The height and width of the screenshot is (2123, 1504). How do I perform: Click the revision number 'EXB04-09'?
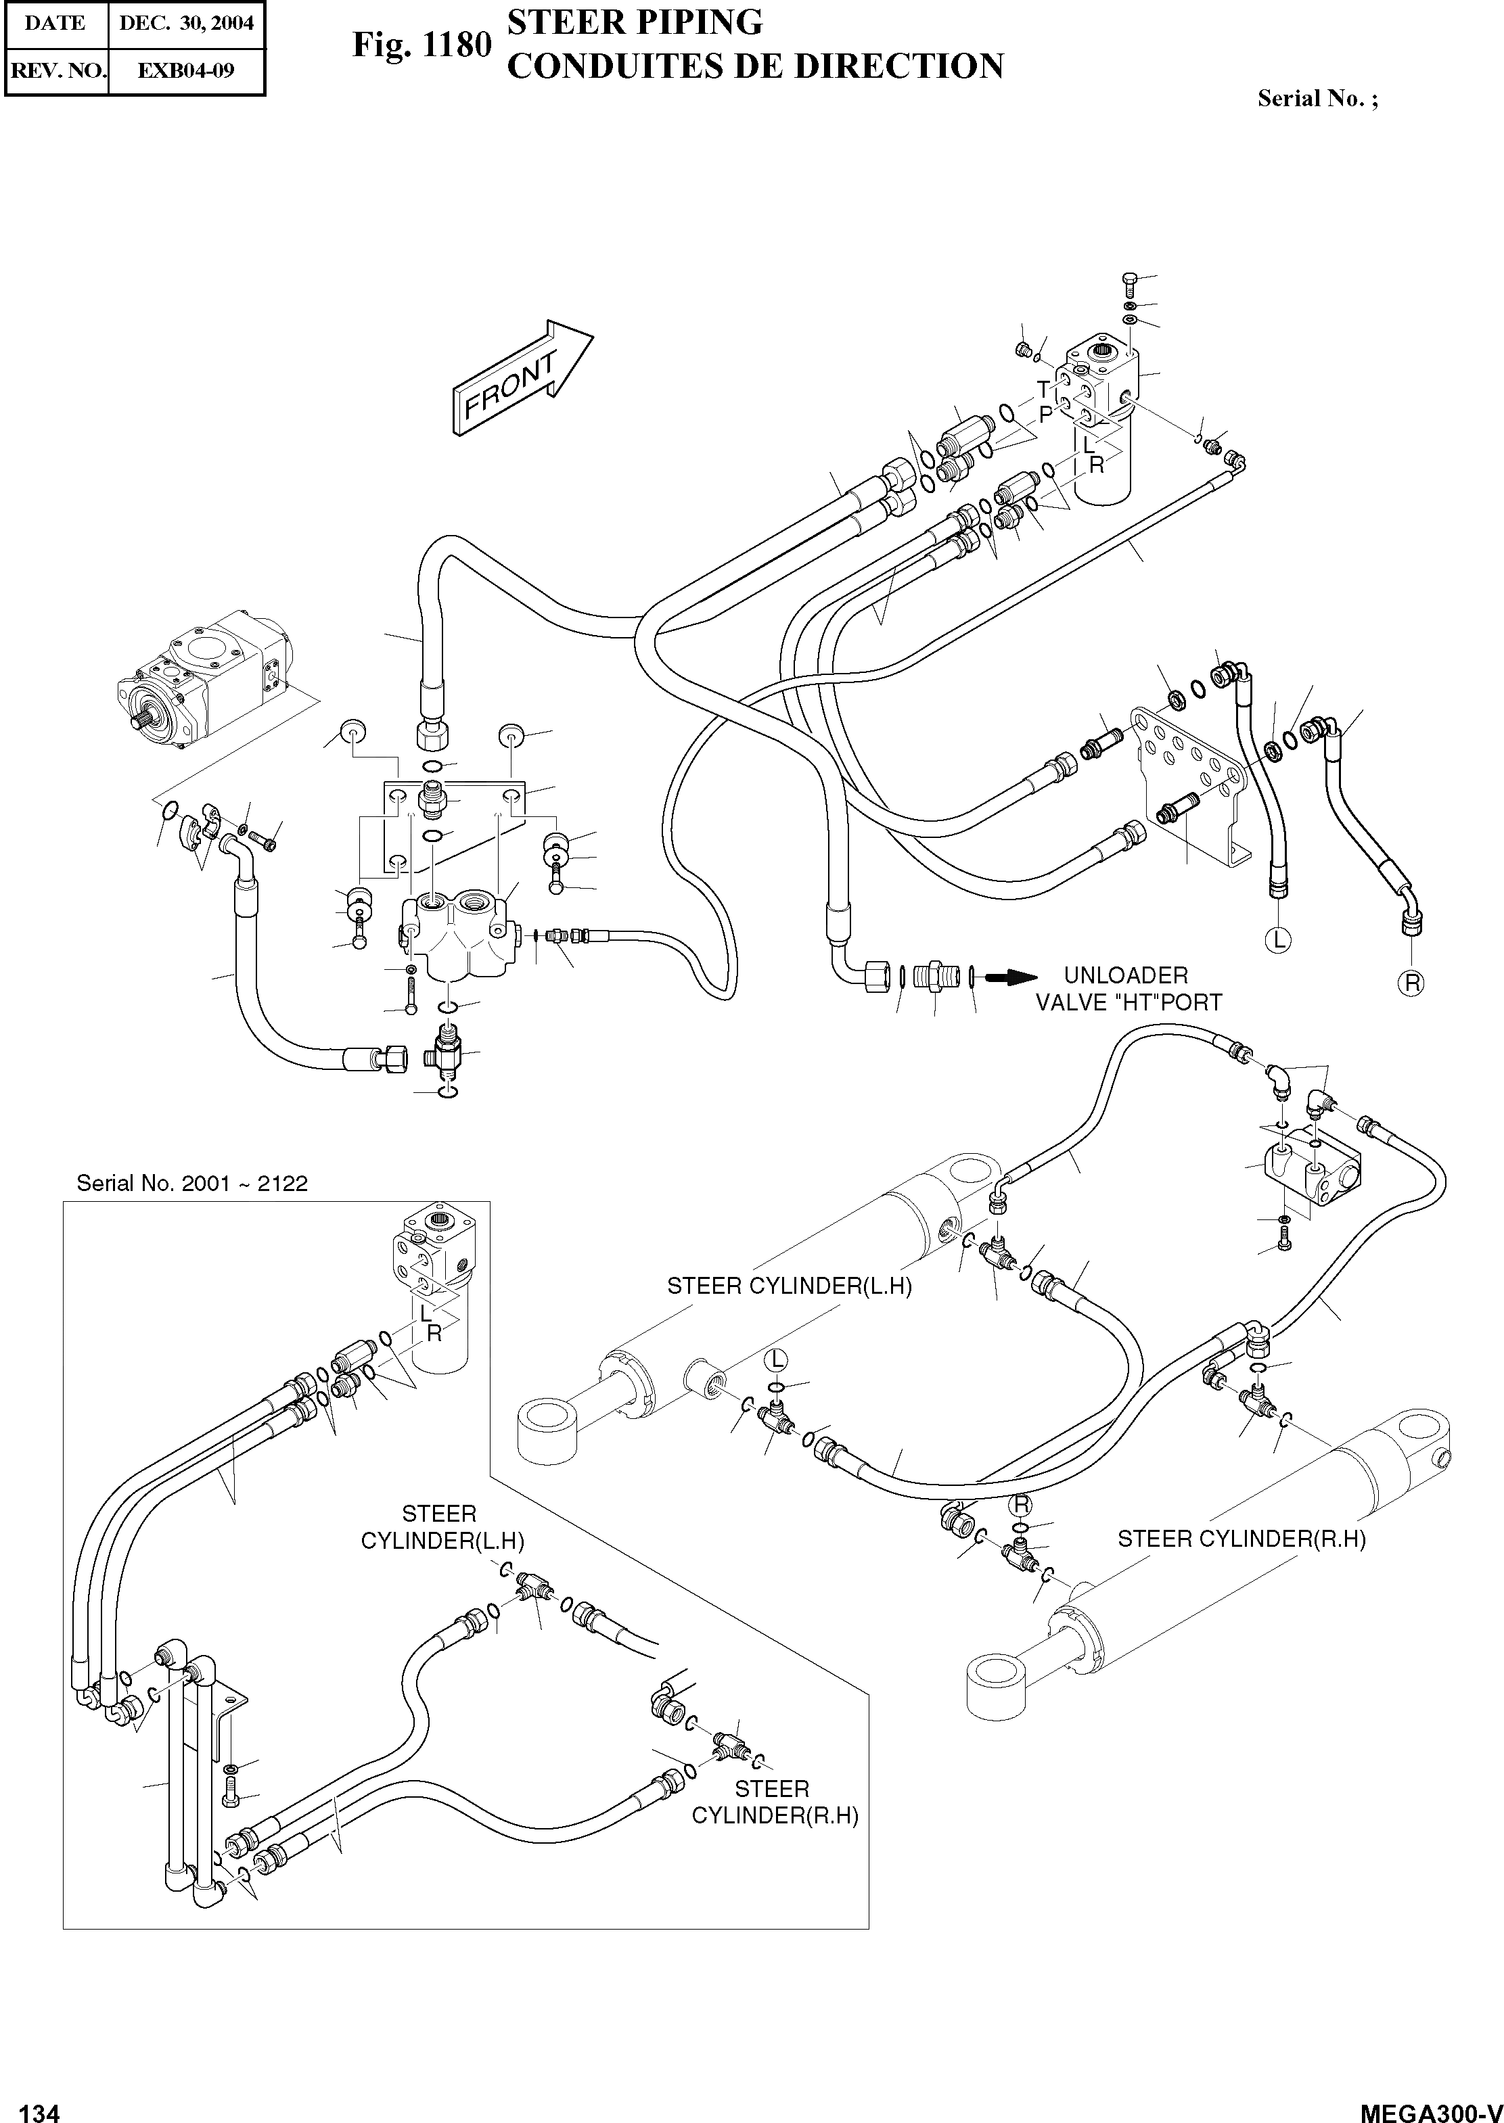(x=186, y=70)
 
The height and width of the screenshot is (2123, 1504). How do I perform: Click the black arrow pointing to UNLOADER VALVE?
(x=1009, y=976)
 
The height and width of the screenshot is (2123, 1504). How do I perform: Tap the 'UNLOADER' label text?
(x=1125, y=976)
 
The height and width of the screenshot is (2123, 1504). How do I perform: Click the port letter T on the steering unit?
(x=1044, y=389)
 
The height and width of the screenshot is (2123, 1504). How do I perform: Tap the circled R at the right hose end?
(x=1411, y=983)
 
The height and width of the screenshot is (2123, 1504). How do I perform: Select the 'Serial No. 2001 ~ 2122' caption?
(x=191, y=1184)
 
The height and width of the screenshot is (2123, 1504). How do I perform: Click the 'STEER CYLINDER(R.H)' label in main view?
(x=1241, y=1539)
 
